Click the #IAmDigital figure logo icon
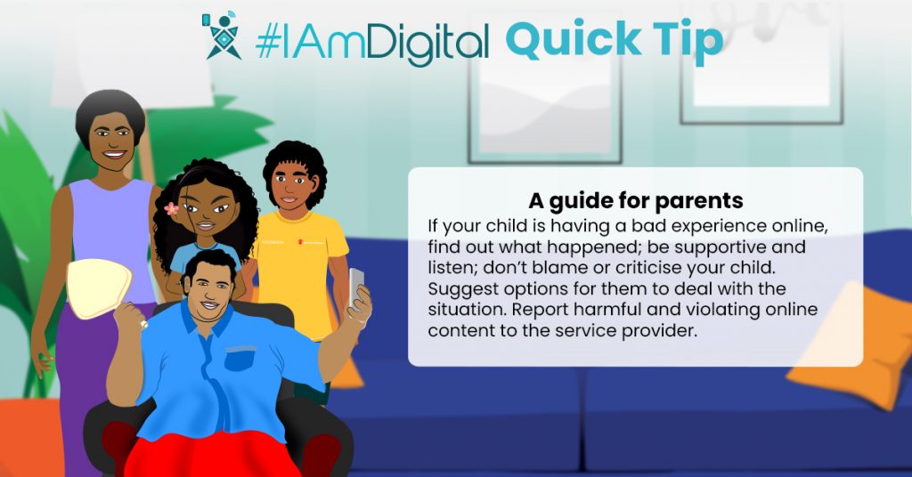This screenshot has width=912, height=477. pos(222,36)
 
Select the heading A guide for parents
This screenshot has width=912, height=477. pos(636,201)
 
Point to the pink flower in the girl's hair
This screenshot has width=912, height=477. pos(172,208)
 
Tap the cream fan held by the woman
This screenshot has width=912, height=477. pos(99,288)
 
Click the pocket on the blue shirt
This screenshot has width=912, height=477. pos(240,359)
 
